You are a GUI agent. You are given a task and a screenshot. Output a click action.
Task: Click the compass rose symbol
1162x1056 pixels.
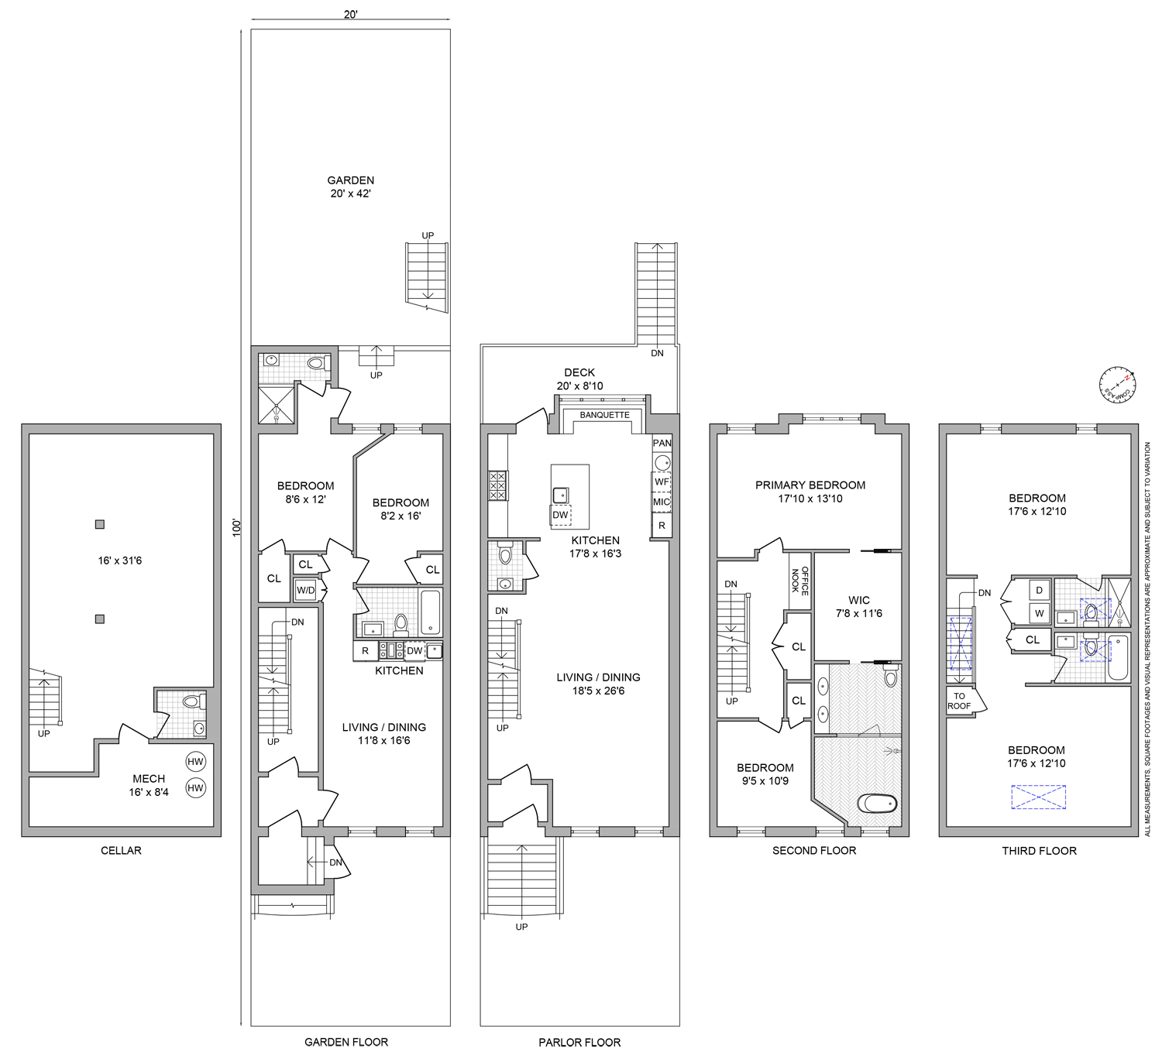pyautogui.click(x=1117, y=384)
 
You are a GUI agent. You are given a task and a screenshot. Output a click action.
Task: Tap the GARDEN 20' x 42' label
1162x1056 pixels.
pyautogui.click(x=350, y=187)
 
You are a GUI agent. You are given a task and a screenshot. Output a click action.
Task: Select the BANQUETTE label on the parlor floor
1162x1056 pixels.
pyautogui.click(x=604, y=415)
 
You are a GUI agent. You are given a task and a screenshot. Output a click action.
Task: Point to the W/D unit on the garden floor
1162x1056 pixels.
pyautogui.click(x=306, y=591)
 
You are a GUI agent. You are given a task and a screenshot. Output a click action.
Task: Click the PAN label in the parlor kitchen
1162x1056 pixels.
pyautogui.click(x=662, y=443)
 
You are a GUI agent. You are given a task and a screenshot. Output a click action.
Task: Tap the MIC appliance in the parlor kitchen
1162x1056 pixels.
pyautogui.click(x=662, y=502)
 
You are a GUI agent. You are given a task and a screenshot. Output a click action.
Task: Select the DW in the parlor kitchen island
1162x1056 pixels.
pyautogui.click(x=560, y=515)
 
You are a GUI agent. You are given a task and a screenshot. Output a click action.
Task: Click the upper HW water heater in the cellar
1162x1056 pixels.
pyautogui.click(x=195, y=762)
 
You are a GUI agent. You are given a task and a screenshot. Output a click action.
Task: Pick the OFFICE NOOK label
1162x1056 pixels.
pyautogui.click(x=799, y=580)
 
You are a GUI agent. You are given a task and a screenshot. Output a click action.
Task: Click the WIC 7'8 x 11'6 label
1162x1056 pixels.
pyautogui.click(x=858, y=606)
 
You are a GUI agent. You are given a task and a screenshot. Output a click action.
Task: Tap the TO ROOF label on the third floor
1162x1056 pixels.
pyautogui.click(x=959, y=701)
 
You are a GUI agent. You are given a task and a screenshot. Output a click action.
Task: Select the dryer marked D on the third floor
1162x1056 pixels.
pyautogui.click(x=1039, y=590)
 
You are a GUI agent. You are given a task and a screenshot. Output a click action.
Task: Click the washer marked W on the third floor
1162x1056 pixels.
pyautogui.click(x=1039, y=613)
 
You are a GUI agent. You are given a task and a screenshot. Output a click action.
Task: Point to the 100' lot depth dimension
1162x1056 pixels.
pyautogui.click(x=237, y=527)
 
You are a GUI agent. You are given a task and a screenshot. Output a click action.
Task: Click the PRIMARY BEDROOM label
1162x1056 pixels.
pyautogui.click(x=810, y=492)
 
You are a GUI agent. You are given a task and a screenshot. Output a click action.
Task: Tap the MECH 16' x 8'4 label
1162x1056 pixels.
pyautogui.click(x=149, y=785)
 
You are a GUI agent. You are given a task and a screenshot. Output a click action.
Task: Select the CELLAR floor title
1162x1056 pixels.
pyautogui.click(x=121, y=850)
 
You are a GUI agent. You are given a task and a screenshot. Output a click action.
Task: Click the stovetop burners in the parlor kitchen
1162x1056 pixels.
pyautogui.click(x=497, y=485)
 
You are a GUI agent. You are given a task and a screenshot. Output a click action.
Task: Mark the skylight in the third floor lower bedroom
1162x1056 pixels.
pyautogui.click(x=1038, y=797)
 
